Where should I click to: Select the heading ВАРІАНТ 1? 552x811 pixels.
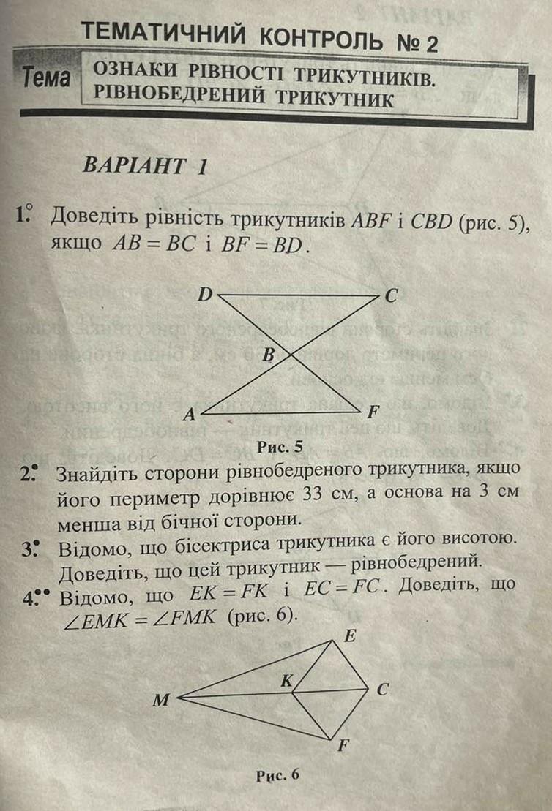pyautogui.click(x=145, y=165)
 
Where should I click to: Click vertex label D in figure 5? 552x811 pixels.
pyautogui.click(x=206, y=295)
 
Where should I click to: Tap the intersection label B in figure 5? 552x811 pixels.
pyautogui.click(x=268, y=355)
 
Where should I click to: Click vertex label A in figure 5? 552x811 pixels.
pyautogui.click(x=189, y=415)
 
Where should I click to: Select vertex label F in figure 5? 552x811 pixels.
pyautogui.click(x=372, y=412)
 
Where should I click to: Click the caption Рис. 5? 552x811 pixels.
pyautogui.click(x=280, y=445)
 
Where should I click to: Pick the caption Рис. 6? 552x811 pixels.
pyautogui.click(x=277, y=776)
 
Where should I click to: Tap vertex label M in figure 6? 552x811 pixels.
pyautogui.click(x=160, y=701)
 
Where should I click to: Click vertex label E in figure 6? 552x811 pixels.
pyautogui.click(x=350, y=636)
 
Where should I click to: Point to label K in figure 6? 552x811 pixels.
pyautogui.click(x=287, y=681)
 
